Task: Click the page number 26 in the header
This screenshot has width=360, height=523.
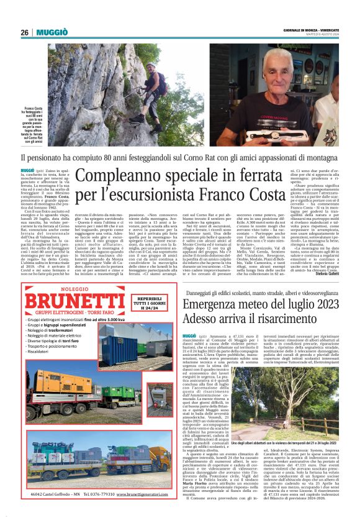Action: pyautogui.click(x=25, y=32)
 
